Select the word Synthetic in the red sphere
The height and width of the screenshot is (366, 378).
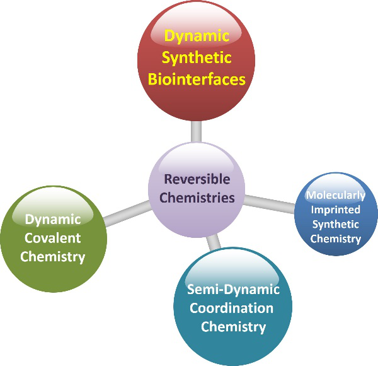pos(197,58)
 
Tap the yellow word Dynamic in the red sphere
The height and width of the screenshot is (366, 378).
pos(197,37)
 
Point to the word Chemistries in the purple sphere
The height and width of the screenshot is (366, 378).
pos(197,198)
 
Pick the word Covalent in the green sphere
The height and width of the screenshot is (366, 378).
pos(53,238)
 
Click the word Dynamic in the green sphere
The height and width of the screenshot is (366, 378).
pos(53,219)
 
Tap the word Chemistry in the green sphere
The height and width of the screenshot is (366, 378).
pos(53,257)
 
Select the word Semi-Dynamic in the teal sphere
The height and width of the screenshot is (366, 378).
pos(233,290)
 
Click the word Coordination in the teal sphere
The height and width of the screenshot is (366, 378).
pos(233,309)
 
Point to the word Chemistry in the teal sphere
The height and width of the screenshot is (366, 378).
pos(233,327)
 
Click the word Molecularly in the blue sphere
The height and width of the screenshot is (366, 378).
pos(336,196)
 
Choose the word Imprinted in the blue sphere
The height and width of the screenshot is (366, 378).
pos(336,210)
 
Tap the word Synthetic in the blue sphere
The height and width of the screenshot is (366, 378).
pos(336,224)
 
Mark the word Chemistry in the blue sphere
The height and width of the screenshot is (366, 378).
pos(336,239)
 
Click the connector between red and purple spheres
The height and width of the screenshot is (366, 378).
pos(197,131)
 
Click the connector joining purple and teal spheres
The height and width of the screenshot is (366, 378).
pos(214,241)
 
